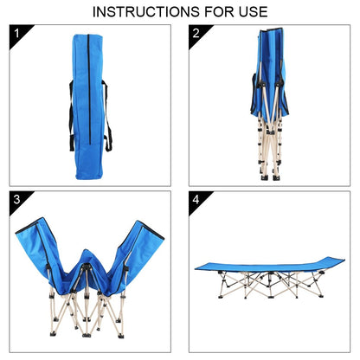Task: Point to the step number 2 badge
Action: click(196, 35)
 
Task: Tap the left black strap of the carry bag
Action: click(71, 113)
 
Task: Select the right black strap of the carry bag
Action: click(110, 113)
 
